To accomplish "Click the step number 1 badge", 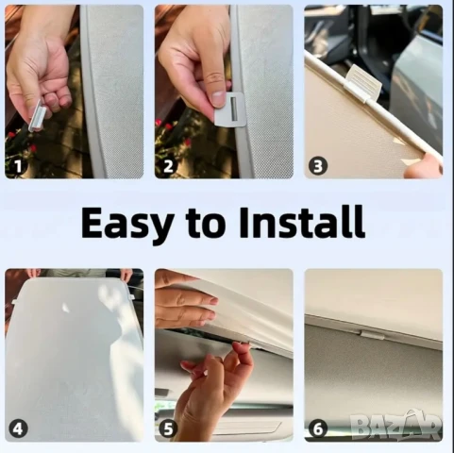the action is [x=18, y=166].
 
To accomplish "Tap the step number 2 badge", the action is [x=168, y=166].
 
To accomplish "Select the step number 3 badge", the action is [x=318, y=166].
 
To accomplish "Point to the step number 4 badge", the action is [x=18, y=428].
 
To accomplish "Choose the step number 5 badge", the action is [x=168, y=428].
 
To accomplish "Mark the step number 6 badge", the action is [x=318, y=428].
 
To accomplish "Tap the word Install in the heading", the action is [x=302, y=222].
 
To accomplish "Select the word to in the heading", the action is [x=207, y=224].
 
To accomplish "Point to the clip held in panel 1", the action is [x=38, y=115].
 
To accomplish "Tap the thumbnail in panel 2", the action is [x=218, y=97].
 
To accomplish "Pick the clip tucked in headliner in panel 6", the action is [x=372, y=334].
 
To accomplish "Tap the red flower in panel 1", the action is [x=11, y=135].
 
